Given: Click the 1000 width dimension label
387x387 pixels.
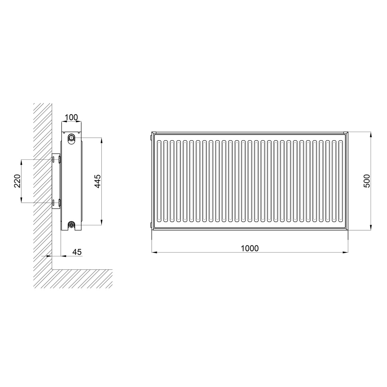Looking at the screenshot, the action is [250, 249].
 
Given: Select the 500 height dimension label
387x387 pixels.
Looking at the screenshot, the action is [367, 181].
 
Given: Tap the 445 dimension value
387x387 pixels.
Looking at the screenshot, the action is [98, 181].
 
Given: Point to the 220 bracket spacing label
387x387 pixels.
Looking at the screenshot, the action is [17, 181].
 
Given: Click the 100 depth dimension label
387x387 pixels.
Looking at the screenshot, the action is [71, 117].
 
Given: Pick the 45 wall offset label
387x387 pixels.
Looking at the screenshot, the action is [77, 252].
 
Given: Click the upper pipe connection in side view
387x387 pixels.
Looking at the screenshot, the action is [71, 138].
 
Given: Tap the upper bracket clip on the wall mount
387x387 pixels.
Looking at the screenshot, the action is [60, 160].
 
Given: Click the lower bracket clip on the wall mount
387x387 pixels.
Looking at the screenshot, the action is [60, 202].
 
